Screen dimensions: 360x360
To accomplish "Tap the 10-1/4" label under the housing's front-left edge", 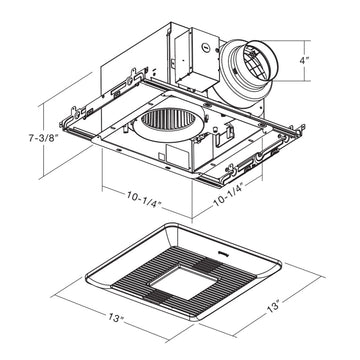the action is coord(144,200).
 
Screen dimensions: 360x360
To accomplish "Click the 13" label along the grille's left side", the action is coord(116,317).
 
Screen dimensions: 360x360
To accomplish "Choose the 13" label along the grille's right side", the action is coord(273,306).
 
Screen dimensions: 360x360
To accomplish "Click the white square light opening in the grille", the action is coord(180,282).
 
